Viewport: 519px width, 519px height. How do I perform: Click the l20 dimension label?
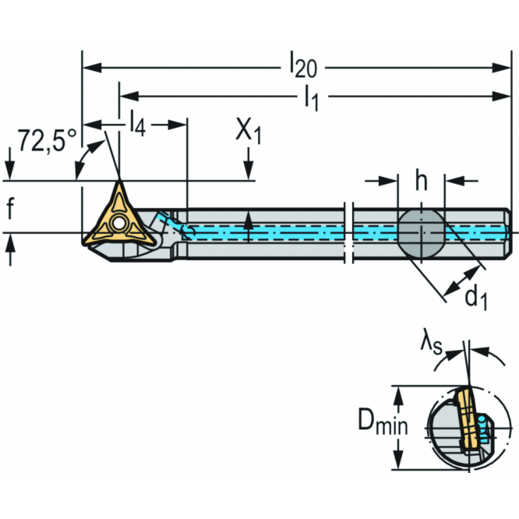tap(303, 65)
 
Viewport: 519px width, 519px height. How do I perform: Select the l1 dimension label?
tap(312, 97)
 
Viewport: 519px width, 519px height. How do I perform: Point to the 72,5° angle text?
tap(47, 141)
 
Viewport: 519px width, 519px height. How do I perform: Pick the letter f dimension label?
tap(10, 208)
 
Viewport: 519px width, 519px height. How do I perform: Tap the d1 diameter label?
tap(476, 297)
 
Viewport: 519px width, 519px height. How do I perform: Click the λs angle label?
tap(431, 346)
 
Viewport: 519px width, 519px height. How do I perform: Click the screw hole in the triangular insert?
tap(118, 224)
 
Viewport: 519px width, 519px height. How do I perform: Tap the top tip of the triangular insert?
tap(119, 182)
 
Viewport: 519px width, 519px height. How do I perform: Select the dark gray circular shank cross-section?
tap(421, 234)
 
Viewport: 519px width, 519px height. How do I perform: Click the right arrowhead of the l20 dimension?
tap(502, 68)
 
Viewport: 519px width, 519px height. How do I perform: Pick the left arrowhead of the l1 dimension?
tap(129, 97)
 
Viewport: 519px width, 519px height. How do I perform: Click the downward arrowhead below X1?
tap(249, 171)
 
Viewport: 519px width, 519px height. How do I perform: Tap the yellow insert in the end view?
tap(467, 419)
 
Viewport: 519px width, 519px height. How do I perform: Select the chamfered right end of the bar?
tap(509, 234)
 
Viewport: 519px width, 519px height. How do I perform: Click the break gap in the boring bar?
tap(348, 234)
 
